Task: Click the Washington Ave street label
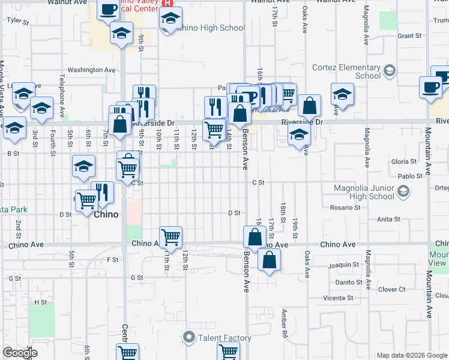pos(91,70)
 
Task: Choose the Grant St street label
pos(409,36)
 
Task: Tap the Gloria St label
pos(403,161)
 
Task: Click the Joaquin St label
pos(343,265)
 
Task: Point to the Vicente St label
pos(338,298)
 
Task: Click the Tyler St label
pos(18,20)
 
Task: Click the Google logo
pos(19,353)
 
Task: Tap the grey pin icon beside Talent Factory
pos(190,338)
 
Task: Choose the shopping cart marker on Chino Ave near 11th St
pos(171,236)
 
